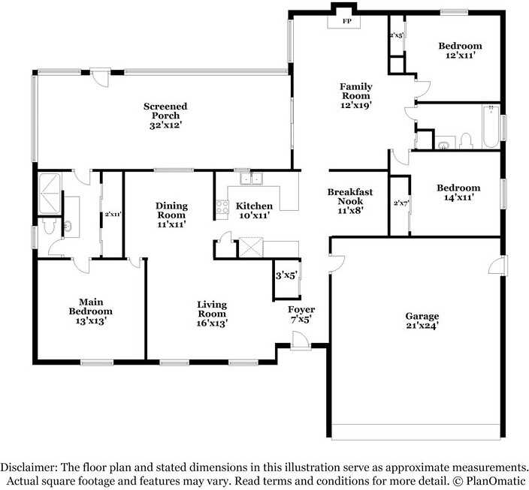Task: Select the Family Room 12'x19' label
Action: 355,96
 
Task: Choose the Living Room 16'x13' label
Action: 211,314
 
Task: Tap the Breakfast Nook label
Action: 349,201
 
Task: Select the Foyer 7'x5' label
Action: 301,314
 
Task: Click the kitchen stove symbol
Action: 222,209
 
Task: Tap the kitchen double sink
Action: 251,179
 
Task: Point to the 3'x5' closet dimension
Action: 286,275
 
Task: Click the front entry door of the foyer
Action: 301,342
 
